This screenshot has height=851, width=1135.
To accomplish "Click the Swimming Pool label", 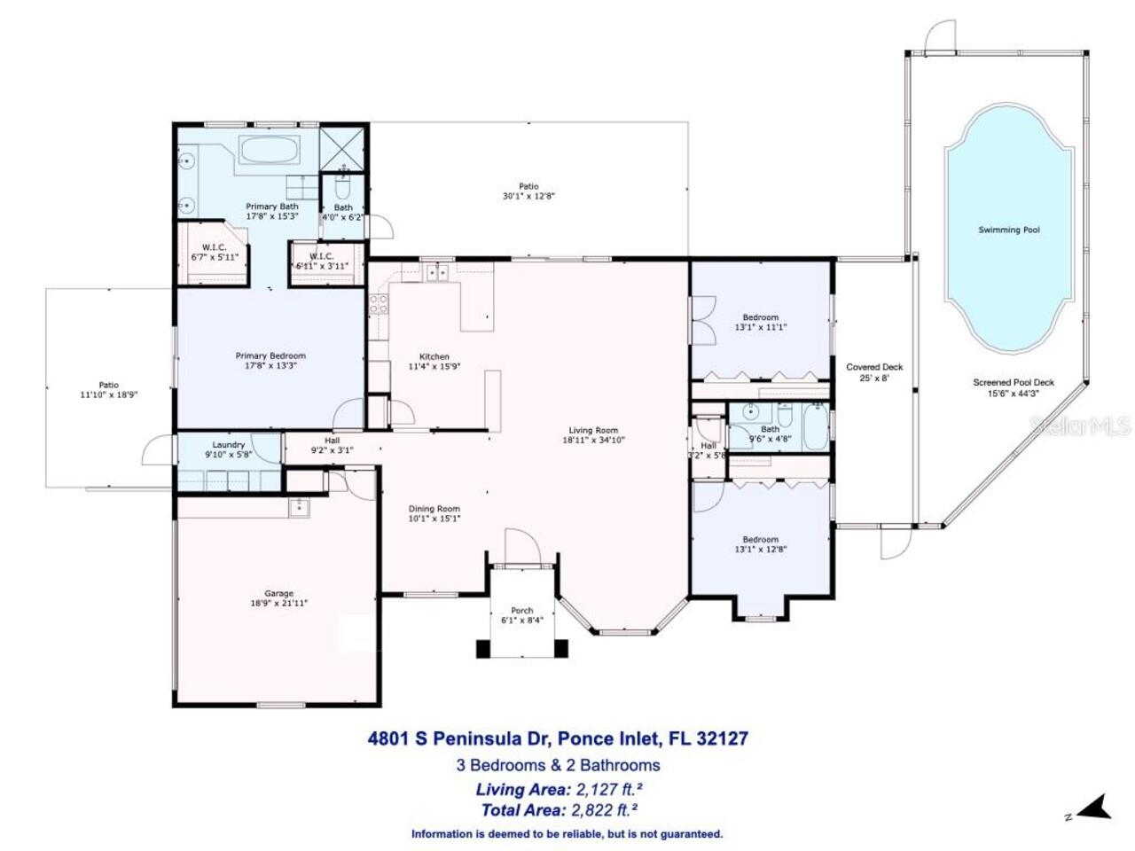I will [1008, 230].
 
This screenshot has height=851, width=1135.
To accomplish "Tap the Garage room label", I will [278, 594].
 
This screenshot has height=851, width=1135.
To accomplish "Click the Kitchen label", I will [434, 356].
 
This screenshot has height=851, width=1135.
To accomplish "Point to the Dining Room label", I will [434, 509].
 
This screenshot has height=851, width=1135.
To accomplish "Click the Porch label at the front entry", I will [522, 611].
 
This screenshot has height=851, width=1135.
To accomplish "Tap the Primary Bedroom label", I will [270, 356].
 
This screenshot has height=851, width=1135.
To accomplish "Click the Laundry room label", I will [229, 445].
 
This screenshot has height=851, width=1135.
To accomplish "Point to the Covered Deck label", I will [874, 367].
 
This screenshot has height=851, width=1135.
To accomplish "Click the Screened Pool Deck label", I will [1014, 383].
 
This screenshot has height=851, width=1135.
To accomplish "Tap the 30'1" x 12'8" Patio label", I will [528, 191].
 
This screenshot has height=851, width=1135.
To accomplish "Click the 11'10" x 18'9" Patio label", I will [108, 390].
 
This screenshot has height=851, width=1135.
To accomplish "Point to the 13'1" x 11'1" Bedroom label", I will [761, 322].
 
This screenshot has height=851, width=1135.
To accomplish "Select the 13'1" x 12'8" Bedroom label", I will [761, 544].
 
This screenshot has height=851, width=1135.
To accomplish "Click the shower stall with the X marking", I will [342, 147].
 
